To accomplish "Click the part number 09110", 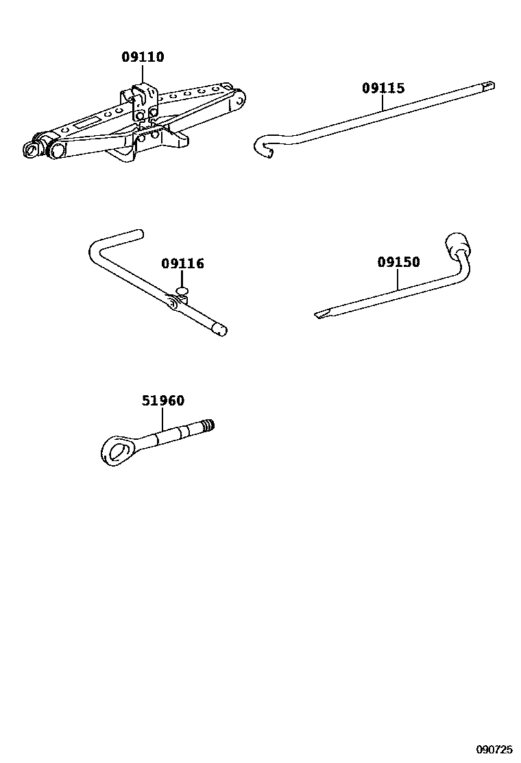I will click(143, 58).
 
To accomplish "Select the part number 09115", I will click(383, 88).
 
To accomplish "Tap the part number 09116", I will click(183, 263).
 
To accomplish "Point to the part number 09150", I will click(398, 262).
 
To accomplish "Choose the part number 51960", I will click(163, 401).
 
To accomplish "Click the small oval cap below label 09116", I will click(182, 292).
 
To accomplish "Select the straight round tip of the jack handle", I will click(219, 330).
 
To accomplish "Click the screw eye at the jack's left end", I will click(31, 149).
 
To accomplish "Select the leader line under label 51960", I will click(162, 419).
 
